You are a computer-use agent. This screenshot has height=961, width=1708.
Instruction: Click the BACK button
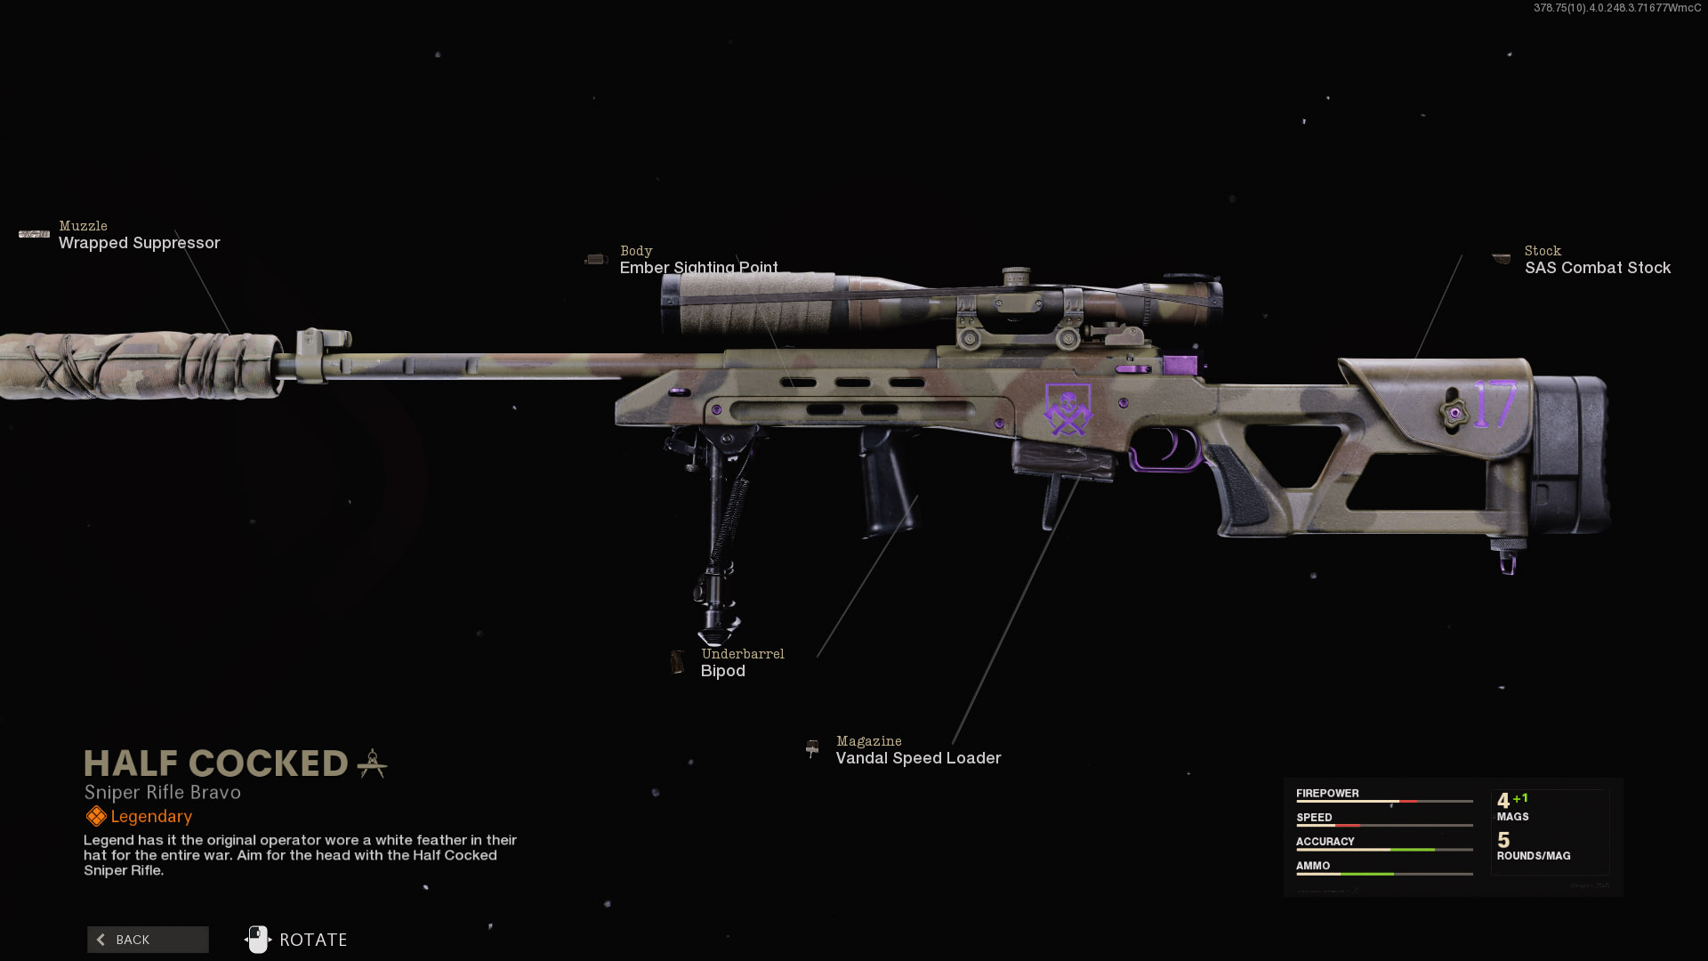coord(148,940)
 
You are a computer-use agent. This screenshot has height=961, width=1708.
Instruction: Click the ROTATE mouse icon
coord(258,940)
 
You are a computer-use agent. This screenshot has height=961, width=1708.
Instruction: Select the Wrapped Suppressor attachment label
coord(139,243)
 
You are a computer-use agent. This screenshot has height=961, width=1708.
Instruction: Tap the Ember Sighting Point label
coord(698,267)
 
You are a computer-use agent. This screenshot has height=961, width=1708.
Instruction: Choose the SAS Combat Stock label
coord(1597,268)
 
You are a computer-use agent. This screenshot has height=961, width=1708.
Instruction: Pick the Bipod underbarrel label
coord(722,671)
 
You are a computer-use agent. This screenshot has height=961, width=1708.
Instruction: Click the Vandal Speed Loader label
coord(918,758)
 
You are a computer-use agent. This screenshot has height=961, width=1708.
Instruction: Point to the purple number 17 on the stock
coord(1494,405)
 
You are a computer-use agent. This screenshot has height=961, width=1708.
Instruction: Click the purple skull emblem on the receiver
coord(1067,409)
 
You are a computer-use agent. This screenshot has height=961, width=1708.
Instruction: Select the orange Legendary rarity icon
coord(96,816)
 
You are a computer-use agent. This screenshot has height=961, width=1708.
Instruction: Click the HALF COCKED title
coord(216,763)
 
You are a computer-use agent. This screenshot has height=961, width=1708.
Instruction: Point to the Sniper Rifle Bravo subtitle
coord(163,792)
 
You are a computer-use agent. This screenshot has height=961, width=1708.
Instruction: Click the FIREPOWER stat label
coord(1327,793)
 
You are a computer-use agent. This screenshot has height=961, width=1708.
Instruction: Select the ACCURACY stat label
coord(1325,841)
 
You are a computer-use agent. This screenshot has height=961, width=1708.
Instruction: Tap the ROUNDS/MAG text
coord(1533,856)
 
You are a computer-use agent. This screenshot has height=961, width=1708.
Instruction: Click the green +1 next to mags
coord(1520,798)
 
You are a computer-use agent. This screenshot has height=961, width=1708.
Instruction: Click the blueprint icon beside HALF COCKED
coord(372,763)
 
